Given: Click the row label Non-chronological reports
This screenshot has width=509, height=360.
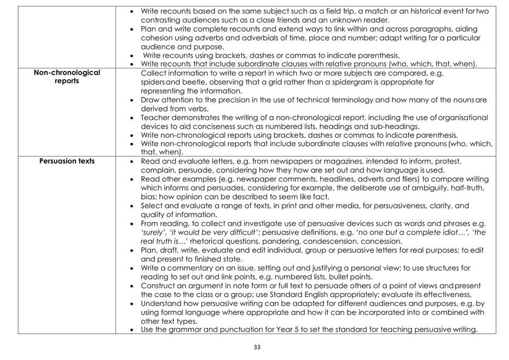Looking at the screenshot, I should coord(67,77).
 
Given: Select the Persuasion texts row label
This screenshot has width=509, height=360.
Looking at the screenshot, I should coord(67,161).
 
